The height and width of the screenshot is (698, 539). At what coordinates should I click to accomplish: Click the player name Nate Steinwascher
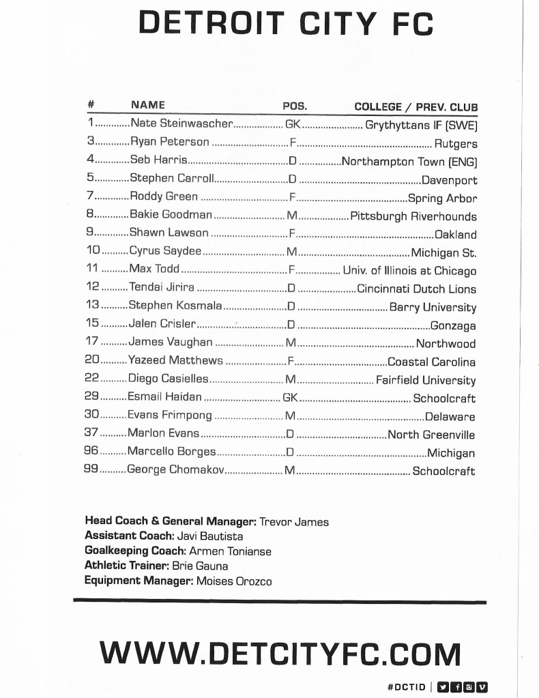click(181, 124)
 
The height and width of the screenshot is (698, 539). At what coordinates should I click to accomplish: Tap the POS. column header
click(295, 106)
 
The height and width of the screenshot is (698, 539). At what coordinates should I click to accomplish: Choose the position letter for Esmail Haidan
click(291, 397)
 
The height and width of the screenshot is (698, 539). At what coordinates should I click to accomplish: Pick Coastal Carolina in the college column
click(431, 362)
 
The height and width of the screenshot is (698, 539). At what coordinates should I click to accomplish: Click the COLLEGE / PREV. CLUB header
click(416, 107)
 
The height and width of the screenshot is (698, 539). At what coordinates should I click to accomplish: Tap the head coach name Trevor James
click(294, 522)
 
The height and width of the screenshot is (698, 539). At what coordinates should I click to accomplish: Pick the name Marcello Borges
click(172, 452)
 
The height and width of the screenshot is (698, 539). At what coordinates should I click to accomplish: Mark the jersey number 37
click(91, 434)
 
